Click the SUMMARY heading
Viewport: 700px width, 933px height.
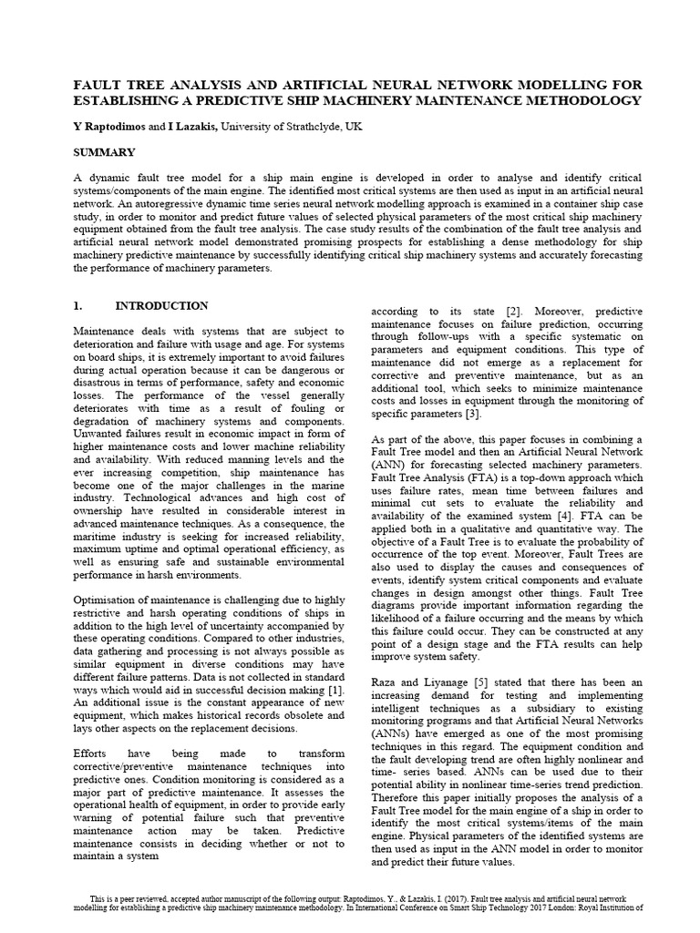(104, 152)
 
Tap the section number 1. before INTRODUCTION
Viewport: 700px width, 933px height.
(78, 305)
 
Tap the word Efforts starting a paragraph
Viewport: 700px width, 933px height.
(94, 754)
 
